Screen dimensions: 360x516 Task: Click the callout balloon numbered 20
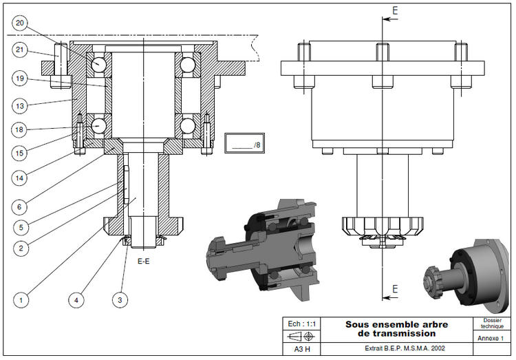(19, 23)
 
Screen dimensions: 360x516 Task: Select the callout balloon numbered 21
(19, 49)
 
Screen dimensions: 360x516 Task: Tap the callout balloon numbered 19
(19, 78)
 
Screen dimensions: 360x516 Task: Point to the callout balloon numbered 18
(19, 129)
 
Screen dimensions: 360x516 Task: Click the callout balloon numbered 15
(19, 151)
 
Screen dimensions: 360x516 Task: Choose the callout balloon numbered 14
(19, 178)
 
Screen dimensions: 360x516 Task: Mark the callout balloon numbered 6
(19, 205)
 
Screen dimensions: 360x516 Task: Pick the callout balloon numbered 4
(76, 299)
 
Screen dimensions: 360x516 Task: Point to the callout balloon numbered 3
(121, 299)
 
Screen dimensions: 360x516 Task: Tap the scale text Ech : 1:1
(303, 324)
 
